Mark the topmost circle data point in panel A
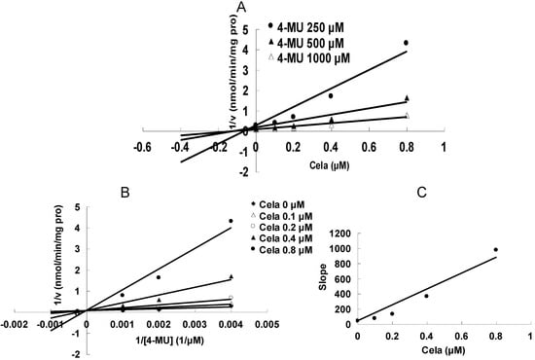click(406, 43)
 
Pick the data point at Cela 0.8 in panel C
click(495, 250)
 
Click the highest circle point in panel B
click(231, 221)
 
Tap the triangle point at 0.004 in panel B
click(231, 277)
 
